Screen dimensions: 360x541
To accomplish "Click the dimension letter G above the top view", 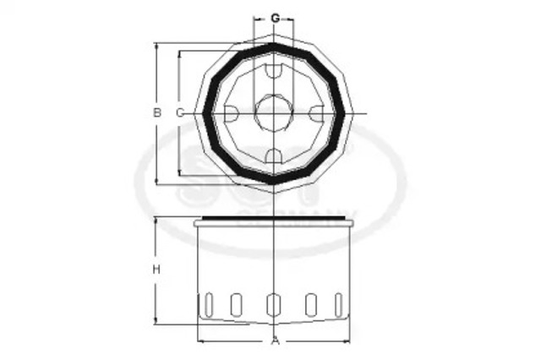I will coord(276,18).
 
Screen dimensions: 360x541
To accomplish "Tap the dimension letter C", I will coord(179,112).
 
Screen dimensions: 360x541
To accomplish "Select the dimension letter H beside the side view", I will coord(156,270).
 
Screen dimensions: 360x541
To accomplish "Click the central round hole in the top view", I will coord(273,112).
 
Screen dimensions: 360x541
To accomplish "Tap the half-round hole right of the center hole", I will coord(315,113).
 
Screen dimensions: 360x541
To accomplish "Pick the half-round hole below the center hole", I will coord(273,154).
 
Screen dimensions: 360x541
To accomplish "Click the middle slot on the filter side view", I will coord(273,304).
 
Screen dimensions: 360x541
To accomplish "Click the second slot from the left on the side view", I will coord(236,304).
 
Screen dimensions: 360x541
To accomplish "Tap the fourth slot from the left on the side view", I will coord(310,304).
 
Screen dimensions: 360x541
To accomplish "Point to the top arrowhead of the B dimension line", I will coord(156,46).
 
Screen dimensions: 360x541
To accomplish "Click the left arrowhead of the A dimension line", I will coord(200,341).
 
